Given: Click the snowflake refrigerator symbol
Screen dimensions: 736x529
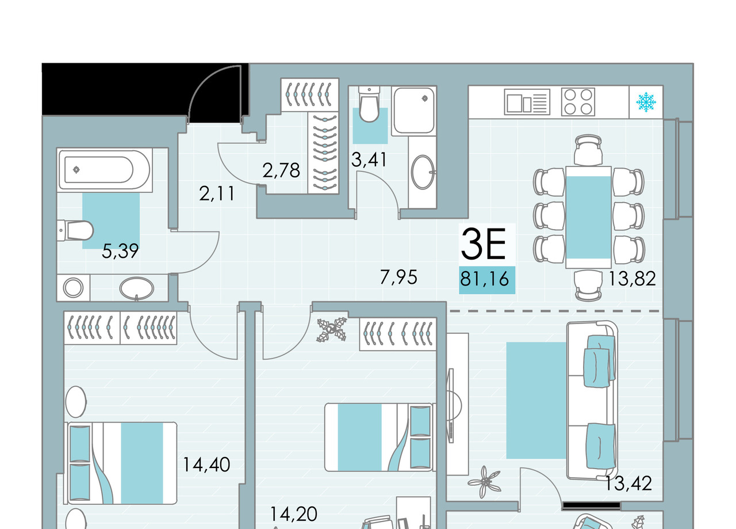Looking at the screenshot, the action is click(646, 102).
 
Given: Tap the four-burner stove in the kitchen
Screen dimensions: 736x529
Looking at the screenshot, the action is click(578, 102).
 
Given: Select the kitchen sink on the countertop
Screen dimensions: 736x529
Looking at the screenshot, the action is click(527, 102).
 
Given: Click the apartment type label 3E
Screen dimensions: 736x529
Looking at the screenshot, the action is click(484, 243).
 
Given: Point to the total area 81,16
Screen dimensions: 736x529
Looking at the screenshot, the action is click(485, 279).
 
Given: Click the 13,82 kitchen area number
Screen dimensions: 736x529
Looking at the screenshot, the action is click(632, 279).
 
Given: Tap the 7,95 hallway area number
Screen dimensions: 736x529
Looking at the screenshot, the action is click(398, 277).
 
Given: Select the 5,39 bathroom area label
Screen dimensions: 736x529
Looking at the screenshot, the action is click(120, 251).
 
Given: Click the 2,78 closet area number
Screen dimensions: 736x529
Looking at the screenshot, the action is click(281, 170).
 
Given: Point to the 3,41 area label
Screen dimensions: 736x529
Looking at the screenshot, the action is click(369, 159).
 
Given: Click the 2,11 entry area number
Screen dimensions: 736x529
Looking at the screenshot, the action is click(217, 193).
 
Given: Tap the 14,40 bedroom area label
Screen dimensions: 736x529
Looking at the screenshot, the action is click(206, 465).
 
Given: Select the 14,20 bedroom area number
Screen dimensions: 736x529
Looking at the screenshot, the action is click(294, 514).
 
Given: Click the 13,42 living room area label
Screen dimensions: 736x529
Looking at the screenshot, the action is click(628, 484).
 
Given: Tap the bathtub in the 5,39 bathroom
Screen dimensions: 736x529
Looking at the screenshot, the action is click(105, 170).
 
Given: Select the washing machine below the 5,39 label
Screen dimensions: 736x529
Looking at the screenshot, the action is click(73, 288).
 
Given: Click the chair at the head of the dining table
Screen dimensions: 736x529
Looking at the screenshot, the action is click(588, 150).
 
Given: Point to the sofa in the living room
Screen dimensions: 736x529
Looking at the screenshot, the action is click(592, 400).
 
